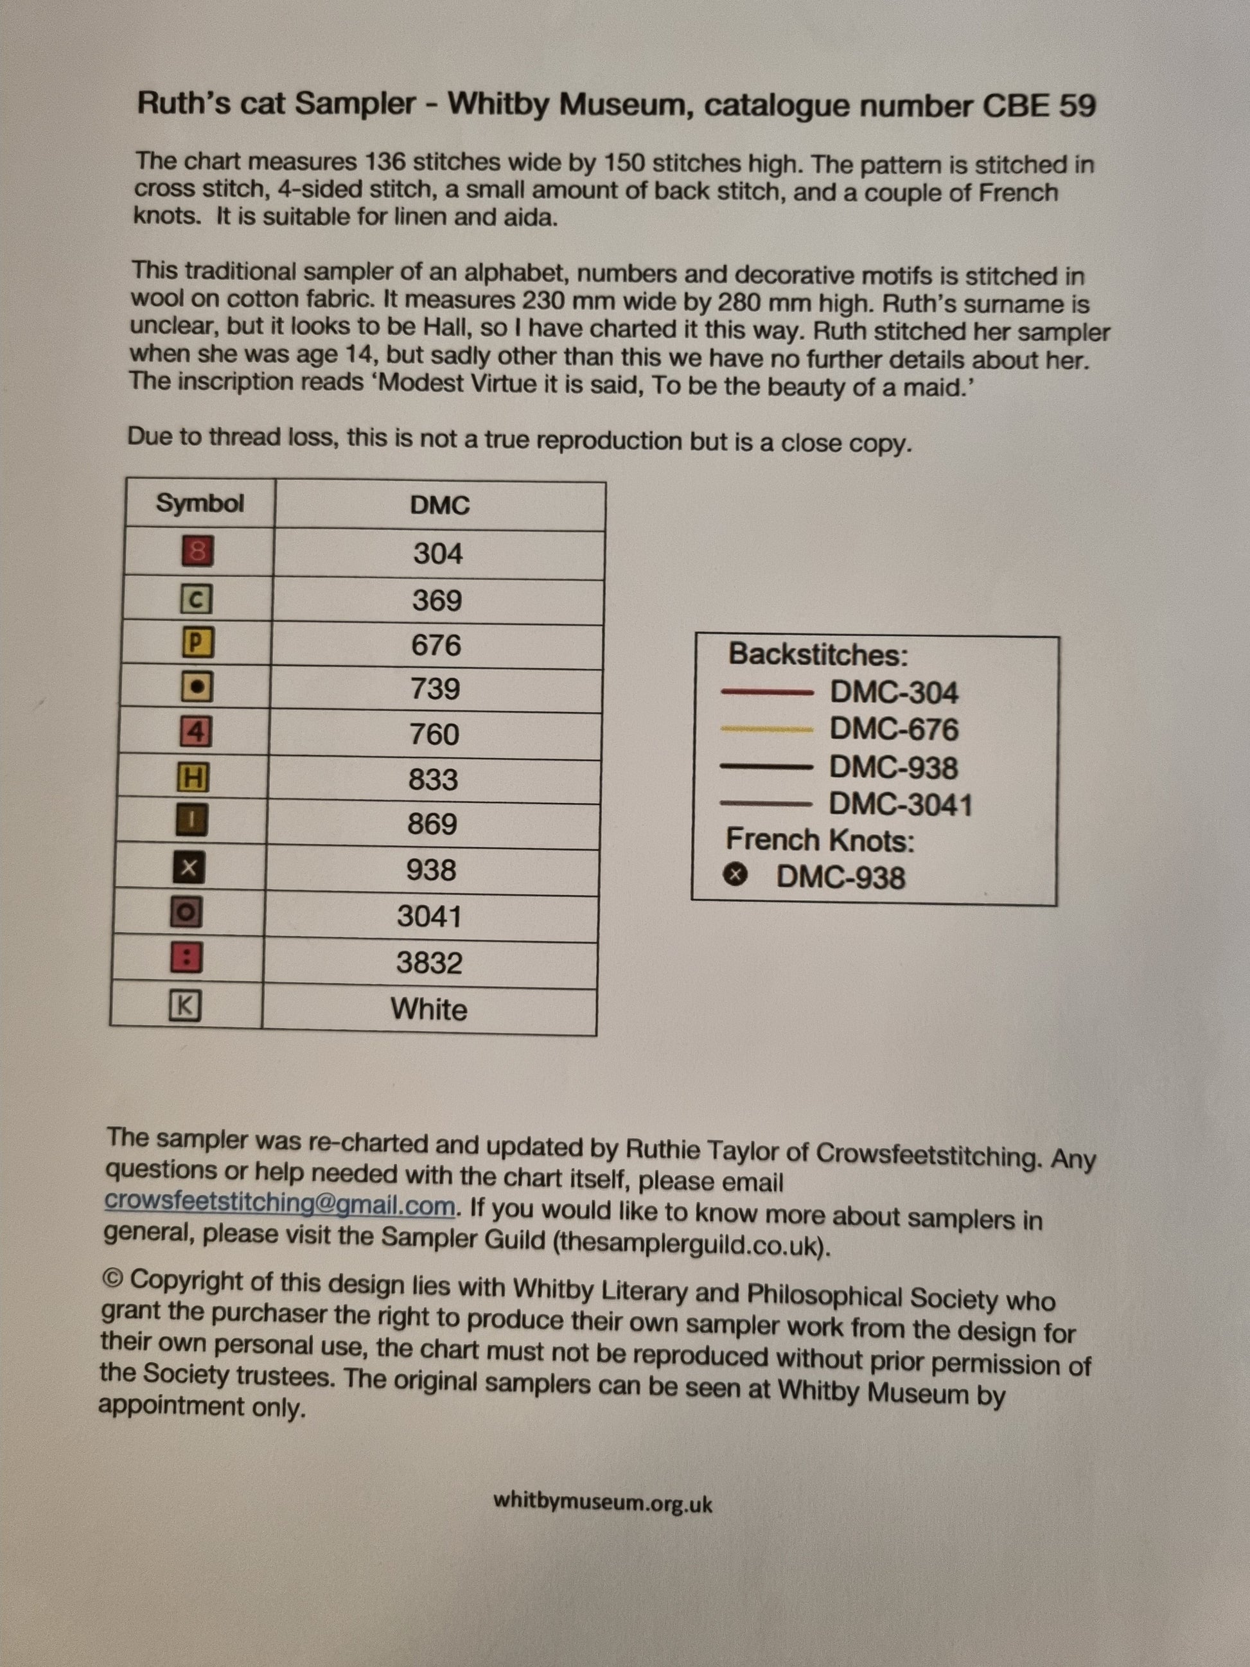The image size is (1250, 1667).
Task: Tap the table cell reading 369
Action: tap(437, 601)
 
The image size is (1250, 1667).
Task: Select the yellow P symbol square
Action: tap(197, 643)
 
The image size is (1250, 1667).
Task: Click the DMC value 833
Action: tap(433, 779)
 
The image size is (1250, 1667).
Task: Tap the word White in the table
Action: tap(428, 1009)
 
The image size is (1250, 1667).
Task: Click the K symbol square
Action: tap(186, 1006)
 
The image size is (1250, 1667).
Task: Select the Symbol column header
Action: tap(200, 504)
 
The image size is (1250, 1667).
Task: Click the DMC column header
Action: tap(439, 505)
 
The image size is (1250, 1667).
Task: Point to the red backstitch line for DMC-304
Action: tap(767, 692)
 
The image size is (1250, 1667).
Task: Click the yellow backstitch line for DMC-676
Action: tap(766, 728)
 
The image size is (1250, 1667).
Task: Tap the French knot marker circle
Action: tap(735, 875)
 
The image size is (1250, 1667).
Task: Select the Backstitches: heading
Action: tap(818, 654)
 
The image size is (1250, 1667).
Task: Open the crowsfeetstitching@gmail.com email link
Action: tap(279, 1203)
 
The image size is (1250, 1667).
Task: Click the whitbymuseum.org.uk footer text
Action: tap(603, 1502)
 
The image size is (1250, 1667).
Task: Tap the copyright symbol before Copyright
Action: tap(113, 1278)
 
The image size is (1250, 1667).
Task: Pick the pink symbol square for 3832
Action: tap(188, 959)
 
